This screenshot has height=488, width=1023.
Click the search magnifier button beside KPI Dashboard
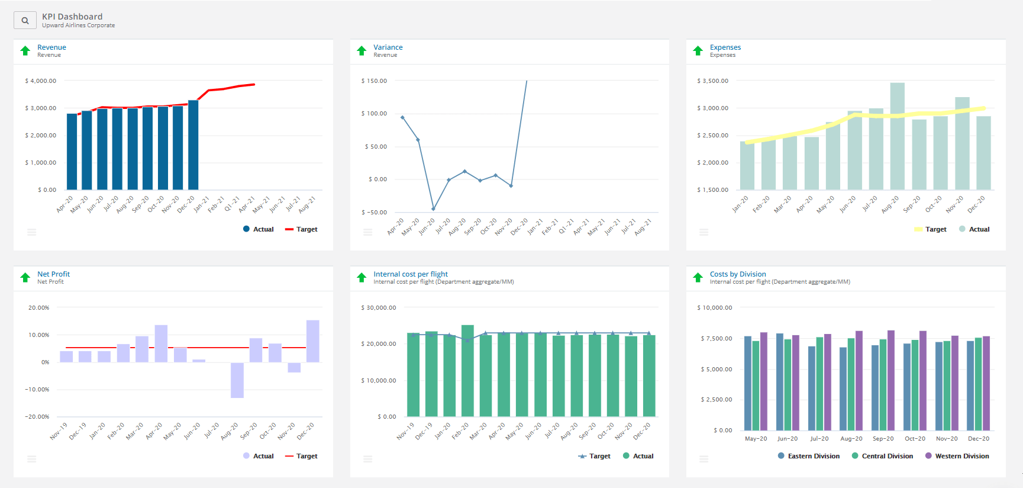click(24, 21)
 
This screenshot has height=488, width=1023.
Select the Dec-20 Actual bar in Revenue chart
click(193, 145)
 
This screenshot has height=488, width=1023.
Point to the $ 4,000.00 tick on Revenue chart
click(41, 81)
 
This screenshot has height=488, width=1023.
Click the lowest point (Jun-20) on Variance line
click(433, 208)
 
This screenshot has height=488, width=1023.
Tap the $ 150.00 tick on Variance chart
click(374, 81)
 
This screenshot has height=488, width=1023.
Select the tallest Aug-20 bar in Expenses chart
click(897, 136)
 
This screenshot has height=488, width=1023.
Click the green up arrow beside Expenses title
click(698, 51)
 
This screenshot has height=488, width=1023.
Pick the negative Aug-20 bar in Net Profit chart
click(237, 380)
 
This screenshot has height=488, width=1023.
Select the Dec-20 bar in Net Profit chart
click(312, 341)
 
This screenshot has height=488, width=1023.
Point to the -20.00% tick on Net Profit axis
click(37, 417)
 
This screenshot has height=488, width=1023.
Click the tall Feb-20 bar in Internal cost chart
click(467, 371)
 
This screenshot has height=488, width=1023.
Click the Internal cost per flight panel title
click(410, 274)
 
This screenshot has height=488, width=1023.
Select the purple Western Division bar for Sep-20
click(890, 380)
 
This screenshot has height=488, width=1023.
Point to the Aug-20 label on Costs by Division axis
click(851, 439)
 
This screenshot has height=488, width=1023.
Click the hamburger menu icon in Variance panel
click(367, 232)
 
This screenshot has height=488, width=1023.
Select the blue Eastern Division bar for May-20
click(747, 383)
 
